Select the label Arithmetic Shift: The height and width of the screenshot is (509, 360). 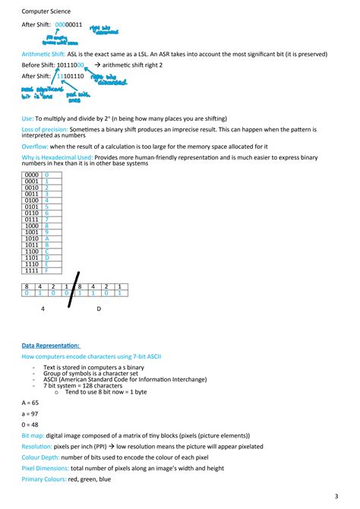coord(43,54)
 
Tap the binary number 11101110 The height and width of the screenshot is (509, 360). coord(68,77)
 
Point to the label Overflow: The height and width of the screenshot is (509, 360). coord(36,145)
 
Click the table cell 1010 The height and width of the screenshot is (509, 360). coord(32,239)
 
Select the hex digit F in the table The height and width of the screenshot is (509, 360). coord(46,270)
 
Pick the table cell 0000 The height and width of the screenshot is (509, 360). coord(32,175)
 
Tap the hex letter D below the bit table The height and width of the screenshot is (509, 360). coord(98,309)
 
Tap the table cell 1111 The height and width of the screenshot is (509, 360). coord(32,270)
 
